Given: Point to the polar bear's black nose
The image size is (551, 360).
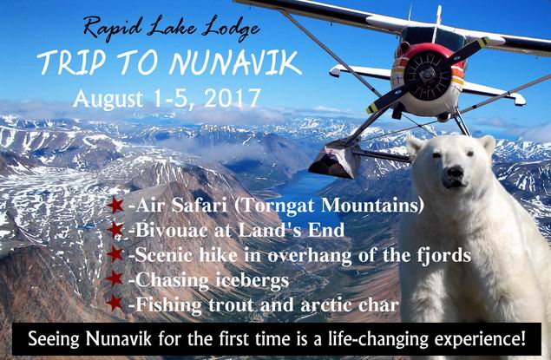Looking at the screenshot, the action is tap(455, 173).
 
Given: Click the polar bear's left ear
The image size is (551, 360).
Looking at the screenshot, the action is tap(415, 145).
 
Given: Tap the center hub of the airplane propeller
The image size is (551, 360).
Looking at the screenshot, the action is tap(427, 75).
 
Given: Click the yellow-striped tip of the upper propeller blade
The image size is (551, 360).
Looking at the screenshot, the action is tap(482, 42).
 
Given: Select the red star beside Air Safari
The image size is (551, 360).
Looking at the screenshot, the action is tap(115, 205).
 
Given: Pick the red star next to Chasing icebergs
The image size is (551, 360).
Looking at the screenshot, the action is tap(115, 278).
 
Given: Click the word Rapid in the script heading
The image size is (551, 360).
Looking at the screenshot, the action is tap(113, 28).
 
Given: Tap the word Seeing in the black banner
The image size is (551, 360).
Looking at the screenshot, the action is tap(54, 340).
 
